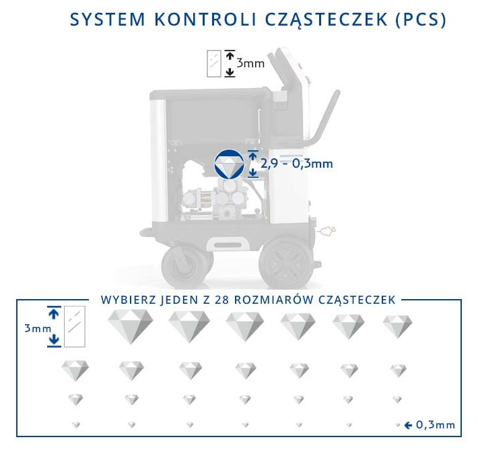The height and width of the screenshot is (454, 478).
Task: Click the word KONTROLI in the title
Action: pyautogui.click(x=206, y=20)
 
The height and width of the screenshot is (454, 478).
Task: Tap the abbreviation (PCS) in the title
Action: pyautogui.click(x=421, y=20)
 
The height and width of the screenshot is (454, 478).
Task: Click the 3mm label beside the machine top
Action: pyautogui.click(x=250, y=63)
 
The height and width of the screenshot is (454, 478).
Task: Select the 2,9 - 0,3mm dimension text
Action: pyautogui.click(x=297, y=164)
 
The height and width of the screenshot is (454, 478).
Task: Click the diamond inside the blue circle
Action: pyautogui.click(x=230, y=166)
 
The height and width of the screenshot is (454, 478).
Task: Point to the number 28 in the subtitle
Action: pyautogui.click(x=222, y=300)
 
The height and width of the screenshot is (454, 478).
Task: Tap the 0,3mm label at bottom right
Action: pyautogui.click(x=436, y=425)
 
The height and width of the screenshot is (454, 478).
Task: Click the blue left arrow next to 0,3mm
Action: pyautogui.click(x=408, y=425)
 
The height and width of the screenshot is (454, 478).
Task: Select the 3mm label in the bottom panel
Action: pyautogui.click(x=38, y=329)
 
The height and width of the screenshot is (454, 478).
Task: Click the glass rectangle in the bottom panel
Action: pyautogui.click(x=74, y=327)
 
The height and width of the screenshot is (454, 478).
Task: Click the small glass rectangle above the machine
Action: pyautogui.click(x=213, y=63)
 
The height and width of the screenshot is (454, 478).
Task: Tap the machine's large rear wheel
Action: pyautogui.click(x=286, y=263)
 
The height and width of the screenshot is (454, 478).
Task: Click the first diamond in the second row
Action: pyautogui.click(x=75, y=370)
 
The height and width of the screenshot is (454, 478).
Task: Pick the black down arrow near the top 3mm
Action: pyautogui.click(x=230, y=72)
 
